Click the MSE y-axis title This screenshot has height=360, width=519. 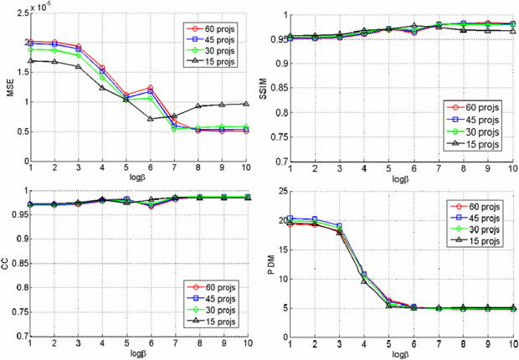click(x=9, y=87)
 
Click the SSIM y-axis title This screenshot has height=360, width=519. click(x=272, y=87)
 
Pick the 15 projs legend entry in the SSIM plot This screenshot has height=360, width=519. click(x=478, y=144)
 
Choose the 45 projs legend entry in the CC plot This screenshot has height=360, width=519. click(x=213, y=299)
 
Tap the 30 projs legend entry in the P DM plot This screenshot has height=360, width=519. click(x=478, y=229)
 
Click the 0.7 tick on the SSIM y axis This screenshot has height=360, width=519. click(x=281, y=162)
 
